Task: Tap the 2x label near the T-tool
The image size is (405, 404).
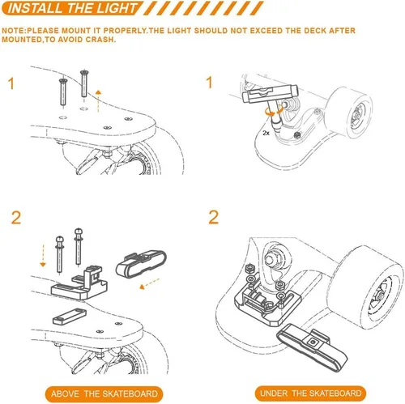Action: [266, 130]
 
